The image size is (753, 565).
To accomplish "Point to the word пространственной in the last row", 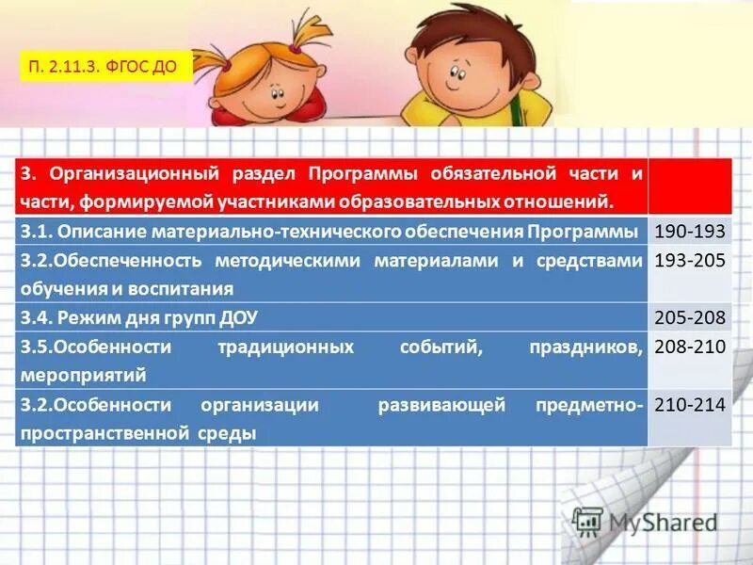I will (104, 433).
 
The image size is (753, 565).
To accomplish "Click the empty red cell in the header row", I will (690, 186).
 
